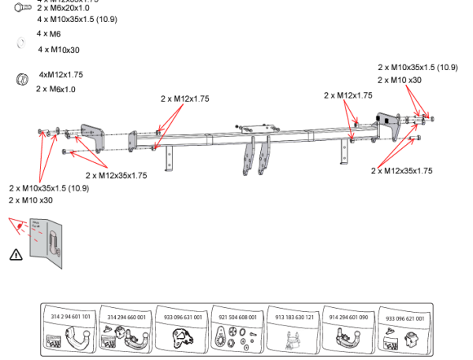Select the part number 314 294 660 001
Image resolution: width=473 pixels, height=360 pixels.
[126, 317]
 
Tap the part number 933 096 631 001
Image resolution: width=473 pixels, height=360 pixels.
[182, 317]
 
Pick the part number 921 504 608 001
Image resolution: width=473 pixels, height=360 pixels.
[237, 317]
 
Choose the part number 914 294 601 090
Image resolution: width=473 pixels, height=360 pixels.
[348, 317]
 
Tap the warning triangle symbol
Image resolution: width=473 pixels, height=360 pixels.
[16, 254]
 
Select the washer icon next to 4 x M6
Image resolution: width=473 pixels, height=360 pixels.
[21, 44]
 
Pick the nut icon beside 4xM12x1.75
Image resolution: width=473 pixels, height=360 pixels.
[22, 79]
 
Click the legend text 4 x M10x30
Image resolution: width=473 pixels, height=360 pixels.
[58, 50]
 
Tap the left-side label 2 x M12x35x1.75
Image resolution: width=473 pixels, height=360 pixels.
[116, 176]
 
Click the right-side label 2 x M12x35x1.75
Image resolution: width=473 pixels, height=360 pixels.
[401, 170]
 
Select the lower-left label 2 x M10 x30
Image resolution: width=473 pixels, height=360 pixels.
[31, 200]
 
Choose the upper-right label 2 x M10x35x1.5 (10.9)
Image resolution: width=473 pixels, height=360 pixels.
[417, 68]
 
